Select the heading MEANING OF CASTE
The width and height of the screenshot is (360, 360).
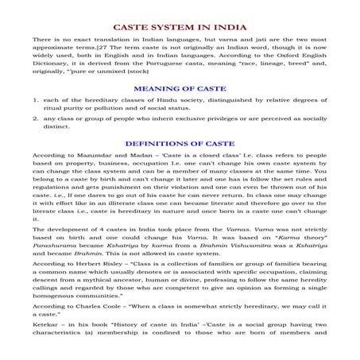180,89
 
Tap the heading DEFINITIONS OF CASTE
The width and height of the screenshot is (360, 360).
180,144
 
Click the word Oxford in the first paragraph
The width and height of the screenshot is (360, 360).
285,57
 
